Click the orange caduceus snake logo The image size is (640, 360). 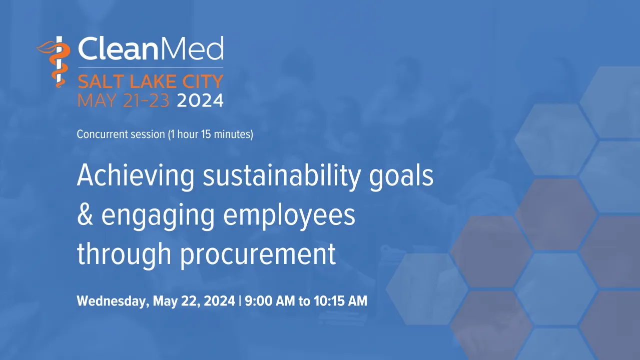point(56,62)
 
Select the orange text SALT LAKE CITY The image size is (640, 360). point(150,81)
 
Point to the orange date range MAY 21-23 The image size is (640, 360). point(124,100)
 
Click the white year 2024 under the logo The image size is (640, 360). point(200,100)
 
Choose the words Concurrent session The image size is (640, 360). point(121,134)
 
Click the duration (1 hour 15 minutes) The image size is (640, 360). point(211,134)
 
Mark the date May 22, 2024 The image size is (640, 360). point(194,301)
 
